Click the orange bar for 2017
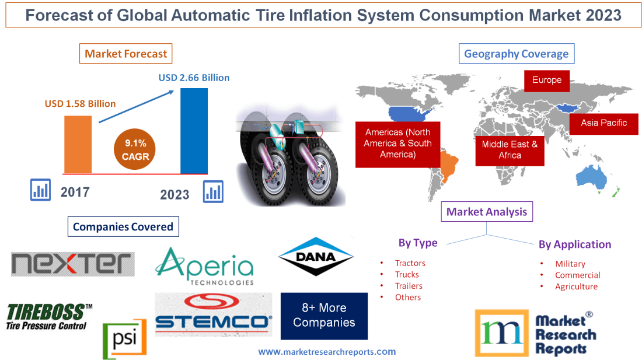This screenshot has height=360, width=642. point(78,144)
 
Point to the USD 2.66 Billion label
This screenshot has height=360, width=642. point(194,78)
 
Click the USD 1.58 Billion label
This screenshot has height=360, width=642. point(81,104)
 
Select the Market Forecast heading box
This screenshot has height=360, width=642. point(126,54)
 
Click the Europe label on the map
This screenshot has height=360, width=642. point(546,81)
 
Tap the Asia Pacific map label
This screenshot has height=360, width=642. point(603,123)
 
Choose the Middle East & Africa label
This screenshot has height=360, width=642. point(510,149)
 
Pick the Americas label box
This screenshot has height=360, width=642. point(397,144)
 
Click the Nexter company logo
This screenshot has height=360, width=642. point(72,264)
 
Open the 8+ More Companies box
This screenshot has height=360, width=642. point(324,316)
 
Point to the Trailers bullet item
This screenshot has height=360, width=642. point(408,286)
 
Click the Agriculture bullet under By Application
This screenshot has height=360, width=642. point(576,286)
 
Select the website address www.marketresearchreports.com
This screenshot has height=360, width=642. point(327,352)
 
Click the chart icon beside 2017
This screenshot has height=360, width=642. point(40,190)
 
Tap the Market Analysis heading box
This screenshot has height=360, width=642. point(486,212)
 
